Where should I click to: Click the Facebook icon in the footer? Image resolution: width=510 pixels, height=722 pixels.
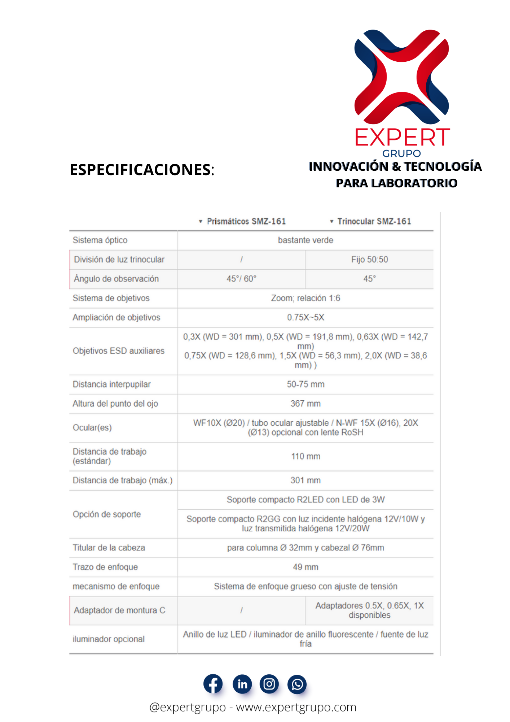click(213, 684)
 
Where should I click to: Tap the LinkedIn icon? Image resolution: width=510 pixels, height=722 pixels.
click(242, 684)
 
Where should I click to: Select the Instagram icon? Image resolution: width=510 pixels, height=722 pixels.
click(269, 684)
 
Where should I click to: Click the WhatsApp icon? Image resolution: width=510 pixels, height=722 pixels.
click(297, 684)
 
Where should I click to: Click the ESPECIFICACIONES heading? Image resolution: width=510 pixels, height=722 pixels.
click(142, 170)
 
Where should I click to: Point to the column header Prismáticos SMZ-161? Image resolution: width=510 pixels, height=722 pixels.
click(246, 221)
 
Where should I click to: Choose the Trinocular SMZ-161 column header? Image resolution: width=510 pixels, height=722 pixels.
click(374, 221)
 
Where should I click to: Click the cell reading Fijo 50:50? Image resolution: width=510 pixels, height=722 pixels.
click(370, 260)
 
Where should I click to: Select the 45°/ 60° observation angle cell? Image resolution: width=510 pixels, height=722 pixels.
click(241, 279)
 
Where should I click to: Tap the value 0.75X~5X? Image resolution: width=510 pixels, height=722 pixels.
click(305, 317)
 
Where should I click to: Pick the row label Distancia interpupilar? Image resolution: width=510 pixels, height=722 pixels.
click(112, 384)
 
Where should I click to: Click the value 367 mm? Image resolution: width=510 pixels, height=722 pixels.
click(305, 404)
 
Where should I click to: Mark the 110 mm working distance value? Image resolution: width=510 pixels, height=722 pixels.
click(305, 456)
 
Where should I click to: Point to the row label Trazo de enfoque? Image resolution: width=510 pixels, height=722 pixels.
click(105, 567)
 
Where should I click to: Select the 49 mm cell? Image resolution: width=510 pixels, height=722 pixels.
click(305, 567)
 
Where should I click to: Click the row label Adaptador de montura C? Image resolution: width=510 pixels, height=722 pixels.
click(120, 610)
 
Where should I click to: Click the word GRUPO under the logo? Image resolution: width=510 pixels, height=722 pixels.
click(401, 153)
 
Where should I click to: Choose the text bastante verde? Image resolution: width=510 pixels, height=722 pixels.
click(305, 240)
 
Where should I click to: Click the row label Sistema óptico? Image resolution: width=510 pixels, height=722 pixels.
click(100, 240)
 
